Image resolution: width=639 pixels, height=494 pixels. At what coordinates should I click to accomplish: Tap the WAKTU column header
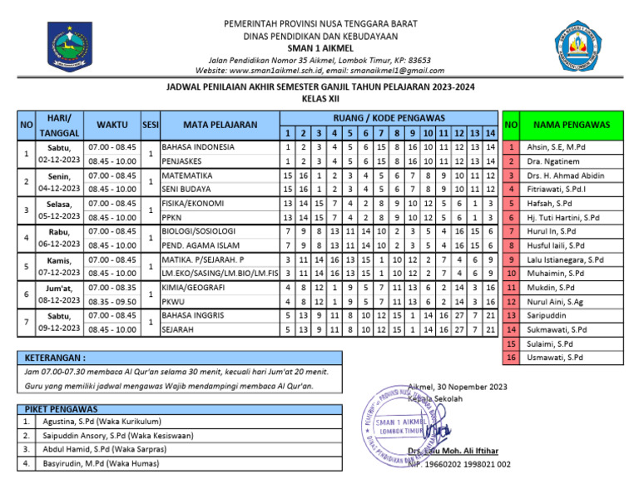111,125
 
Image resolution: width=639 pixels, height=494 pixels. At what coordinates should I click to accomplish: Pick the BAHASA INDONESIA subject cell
198,147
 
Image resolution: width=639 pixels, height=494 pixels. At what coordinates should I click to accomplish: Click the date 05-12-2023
59,217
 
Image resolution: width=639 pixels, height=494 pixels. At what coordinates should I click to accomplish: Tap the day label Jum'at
59,288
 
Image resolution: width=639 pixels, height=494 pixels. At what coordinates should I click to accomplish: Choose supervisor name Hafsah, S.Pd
552,204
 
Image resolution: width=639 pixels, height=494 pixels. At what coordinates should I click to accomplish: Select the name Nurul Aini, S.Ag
556,302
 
